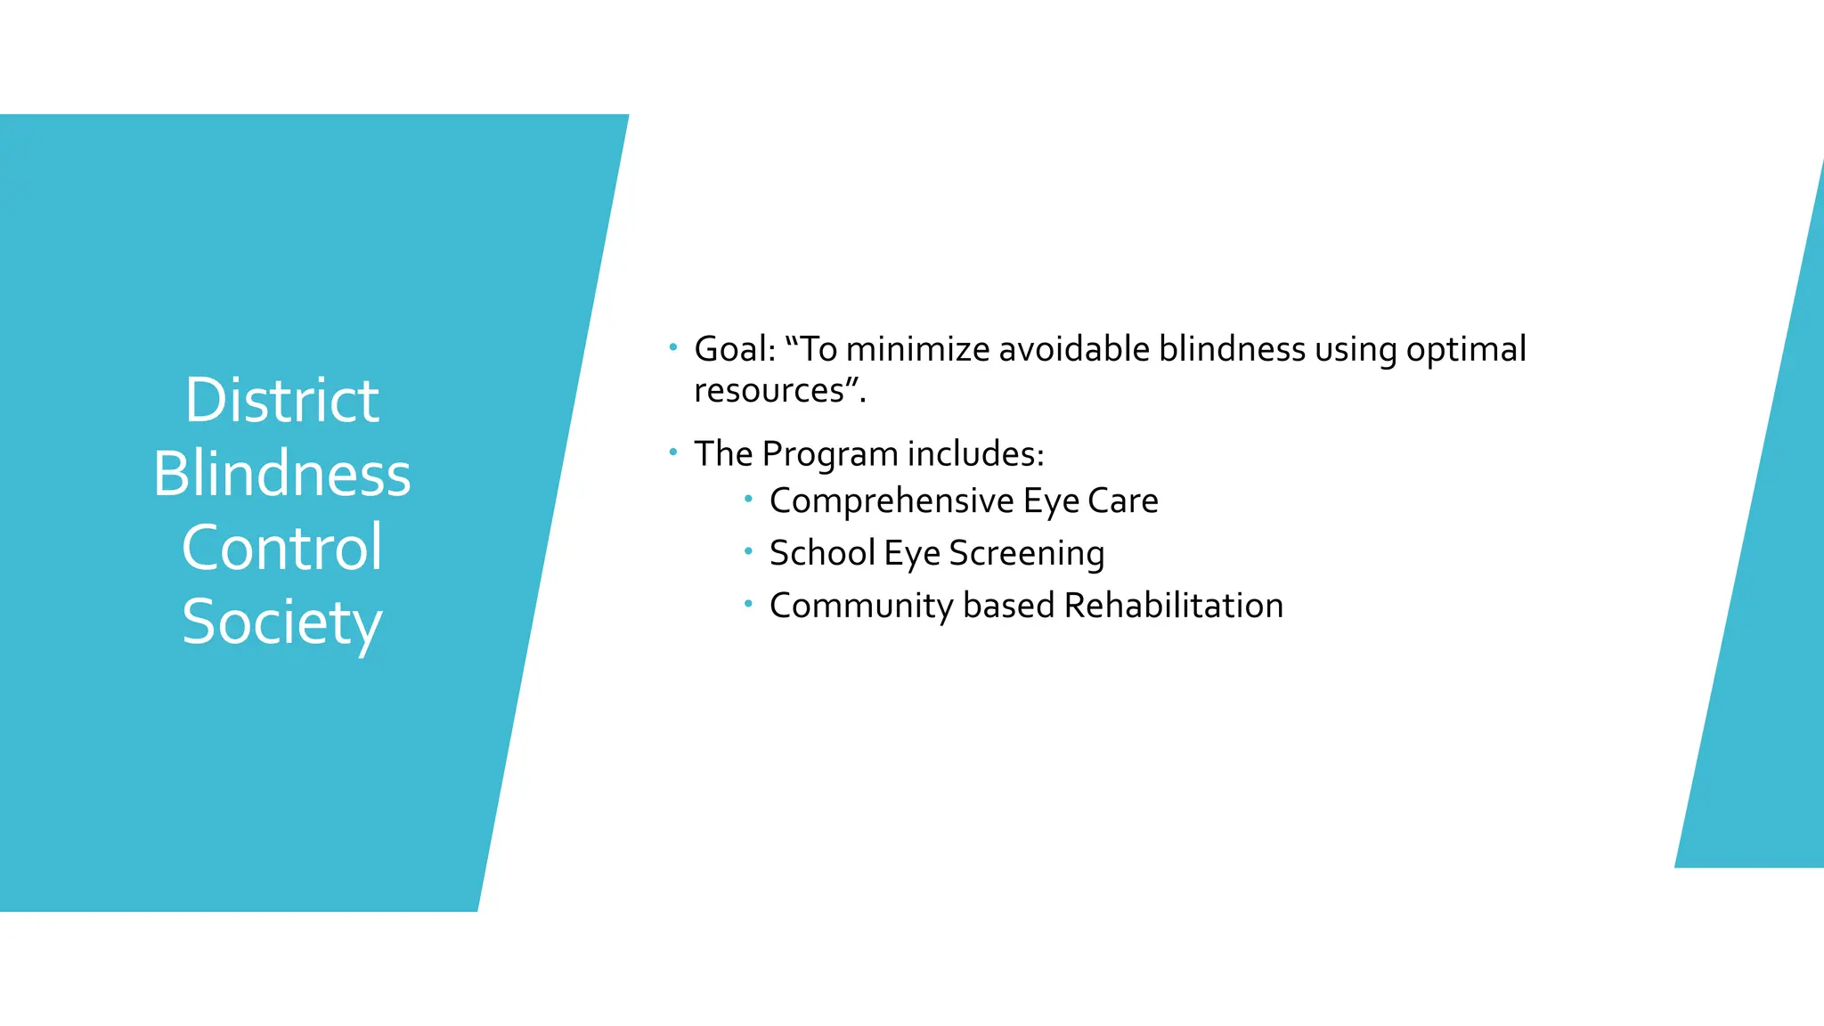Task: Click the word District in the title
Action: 281,400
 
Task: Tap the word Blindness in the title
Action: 281,474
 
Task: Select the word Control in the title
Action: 281,548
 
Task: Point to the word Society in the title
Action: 281,623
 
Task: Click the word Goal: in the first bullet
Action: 735,349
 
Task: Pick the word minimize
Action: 917,349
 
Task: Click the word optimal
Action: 1466,349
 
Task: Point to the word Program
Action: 830,454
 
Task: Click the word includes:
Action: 975,454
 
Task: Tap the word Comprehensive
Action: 892,501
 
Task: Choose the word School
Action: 822,553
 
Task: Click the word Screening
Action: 1026,554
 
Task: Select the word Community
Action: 861,607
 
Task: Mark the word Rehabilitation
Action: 1173,606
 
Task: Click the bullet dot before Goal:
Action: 673,346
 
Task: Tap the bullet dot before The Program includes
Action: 673,452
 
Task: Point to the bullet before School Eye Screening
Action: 748,551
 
